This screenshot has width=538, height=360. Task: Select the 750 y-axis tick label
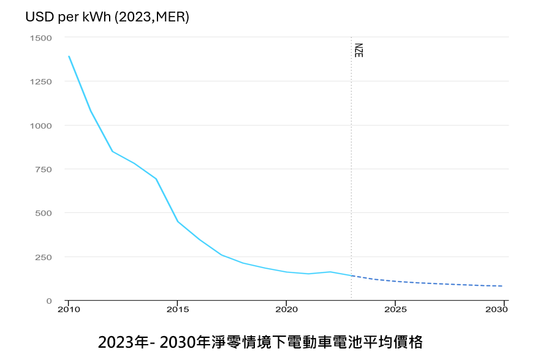(x=44, y=170)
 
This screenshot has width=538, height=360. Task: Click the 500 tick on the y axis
(x=44, y=213)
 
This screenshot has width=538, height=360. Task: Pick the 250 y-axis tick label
(x=44, y=257)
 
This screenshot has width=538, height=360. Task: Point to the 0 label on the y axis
(x=49, y=301)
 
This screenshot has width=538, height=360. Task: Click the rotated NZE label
(x=358, y=50)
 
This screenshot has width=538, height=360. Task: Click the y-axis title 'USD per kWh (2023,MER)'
(x=107, y=17)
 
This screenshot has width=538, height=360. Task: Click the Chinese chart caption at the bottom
(x=260, y=341)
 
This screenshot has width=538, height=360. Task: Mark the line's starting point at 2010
(x=69, y=56)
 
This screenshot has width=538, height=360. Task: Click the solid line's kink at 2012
(x=112, y=151)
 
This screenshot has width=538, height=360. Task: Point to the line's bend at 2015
(x=178, y=222)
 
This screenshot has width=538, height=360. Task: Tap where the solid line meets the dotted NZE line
(x=351, y=276)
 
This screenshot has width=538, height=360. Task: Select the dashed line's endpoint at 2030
(x=503, y=286)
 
